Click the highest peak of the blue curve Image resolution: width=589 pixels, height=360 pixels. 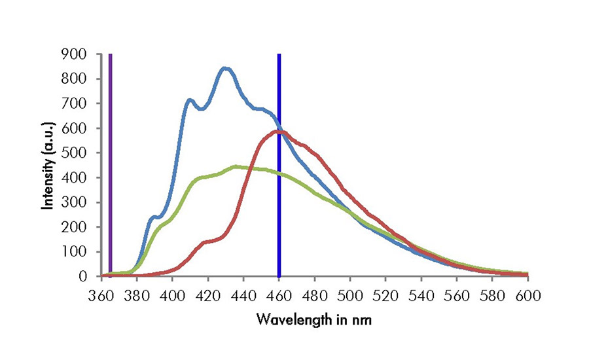[x=225, y=68]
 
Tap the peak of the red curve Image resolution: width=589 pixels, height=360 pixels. [x=279, y=132]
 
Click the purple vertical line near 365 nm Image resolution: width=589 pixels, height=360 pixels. [x=111, y=164]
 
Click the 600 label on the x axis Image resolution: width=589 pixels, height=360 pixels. [x=527, y=295]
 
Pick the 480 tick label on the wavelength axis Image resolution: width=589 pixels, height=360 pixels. [x=315, y=295]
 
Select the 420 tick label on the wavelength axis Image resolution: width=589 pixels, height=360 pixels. [x=208, y=295]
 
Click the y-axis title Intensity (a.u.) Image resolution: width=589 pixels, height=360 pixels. [x=48, y=165]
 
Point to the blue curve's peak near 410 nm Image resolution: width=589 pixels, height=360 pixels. [x=190, y=100]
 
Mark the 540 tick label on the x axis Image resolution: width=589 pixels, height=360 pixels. [x=421, y=295]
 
